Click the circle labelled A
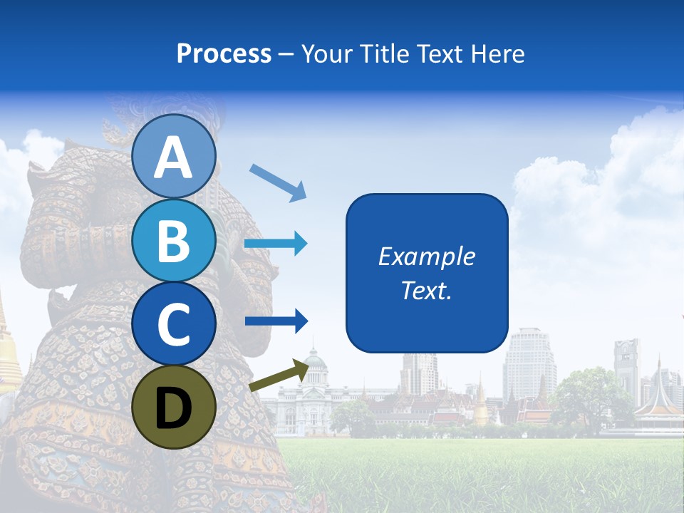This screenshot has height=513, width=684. [x=173, y=157]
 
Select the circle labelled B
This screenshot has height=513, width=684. [x=173, y=241]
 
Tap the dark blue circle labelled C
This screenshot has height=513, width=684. [x=173, y=323]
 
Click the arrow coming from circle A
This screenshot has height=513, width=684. [x=278, y=181]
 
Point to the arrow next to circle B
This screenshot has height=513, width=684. [x=276, y=244]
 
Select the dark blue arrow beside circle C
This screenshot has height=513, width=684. [x=276, y=321]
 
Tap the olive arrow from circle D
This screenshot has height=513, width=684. [x=278, y=375]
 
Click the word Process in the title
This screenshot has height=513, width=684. [x=224, y=53]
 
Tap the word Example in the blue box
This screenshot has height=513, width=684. [x=426, y=256]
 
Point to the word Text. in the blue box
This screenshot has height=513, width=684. [x=426, y=290]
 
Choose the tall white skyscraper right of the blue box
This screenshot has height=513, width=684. [x=529, y=363]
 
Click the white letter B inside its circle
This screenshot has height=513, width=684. [x=173, y=241]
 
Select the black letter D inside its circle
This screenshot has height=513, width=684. [x=173, y=408]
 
